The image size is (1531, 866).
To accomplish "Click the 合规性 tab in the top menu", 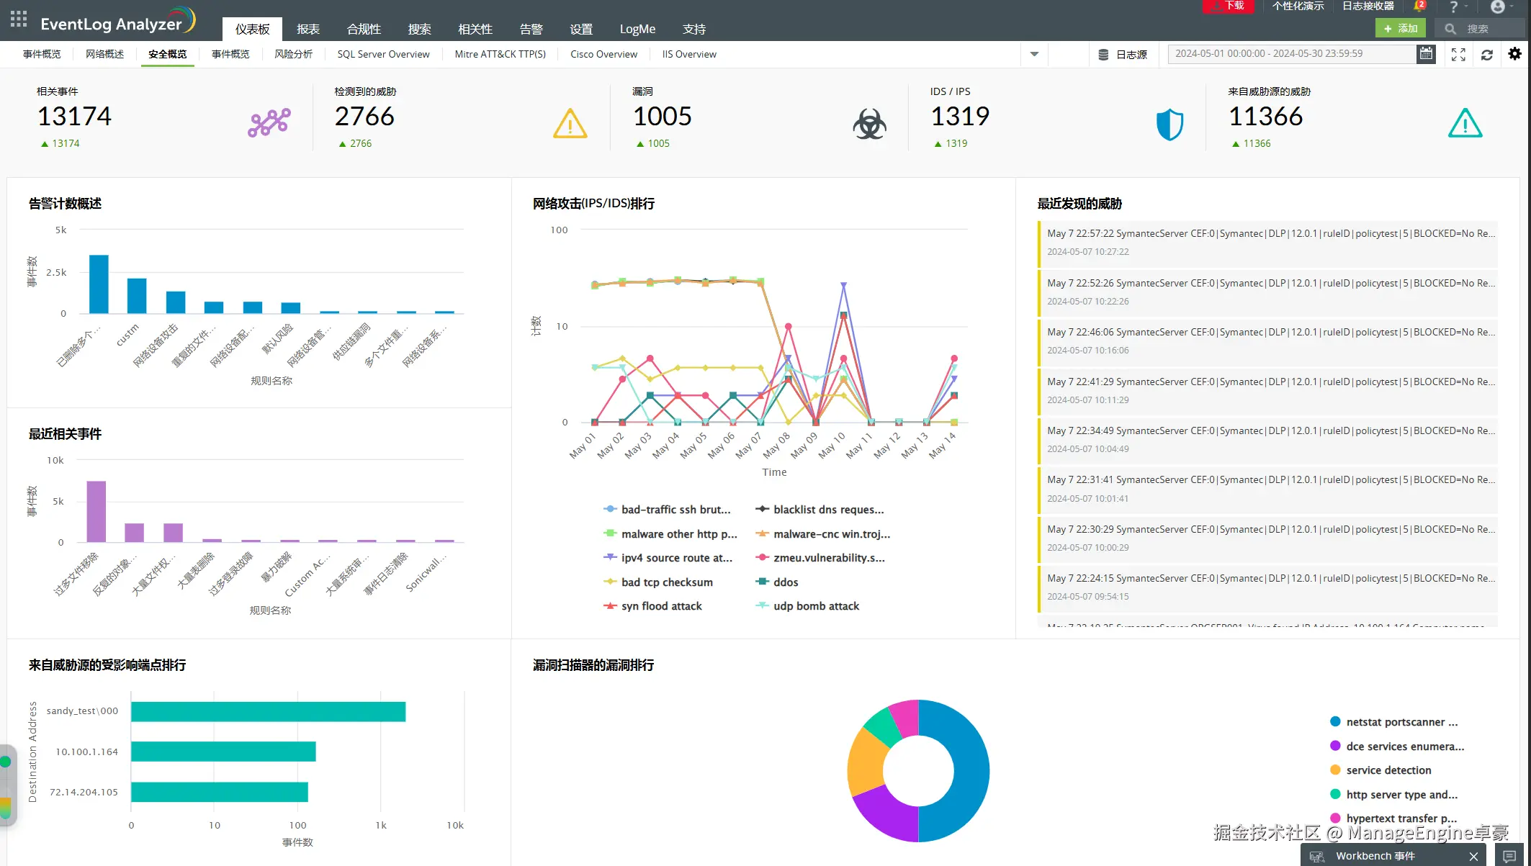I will [x=364, y=30].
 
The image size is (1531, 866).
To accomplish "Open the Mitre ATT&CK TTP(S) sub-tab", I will [x=500, y=54].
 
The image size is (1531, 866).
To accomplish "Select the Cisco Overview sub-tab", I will [x=603, y=54].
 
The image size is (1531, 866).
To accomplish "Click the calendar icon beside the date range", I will [x=1425, y=54].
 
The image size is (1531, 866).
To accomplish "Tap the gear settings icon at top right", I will [x=1514, y=54].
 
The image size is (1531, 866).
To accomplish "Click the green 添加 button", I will [x=1400, y=29].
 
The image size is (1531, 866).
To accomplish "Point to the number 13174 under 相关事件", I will [x=74, y=117].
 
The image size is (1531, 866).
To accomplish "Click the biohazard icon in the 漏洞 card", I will [x=869, y=125].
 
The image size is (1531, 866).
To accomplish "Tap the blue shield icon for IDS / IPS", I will [x=1169, y=125].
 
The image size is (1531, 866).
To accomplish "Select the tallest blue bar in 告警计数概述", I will [x=99, y=284].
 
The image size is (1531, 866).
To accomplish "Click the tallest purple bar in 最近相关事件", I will [x=96, y=511].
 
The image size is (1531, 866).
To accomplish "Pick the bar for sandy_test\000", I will [x=268, y=711].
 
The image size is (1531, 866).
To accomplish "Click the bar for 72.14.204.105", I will [x=220, y=792].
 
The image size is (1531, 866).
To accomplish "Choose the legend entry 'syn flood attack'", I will [x=661, y=606].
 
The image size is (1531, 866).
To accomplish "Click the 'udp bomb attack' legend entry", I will [x=816, y=606].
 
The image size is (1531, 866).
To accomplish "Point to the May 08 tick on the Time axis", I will [x=776, y=444].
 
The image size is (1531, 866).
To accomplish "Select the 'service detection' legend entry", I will [x=1388, y=770].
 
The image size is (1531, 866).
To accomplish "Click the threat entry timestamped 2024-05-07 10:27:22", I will [x=1267, y=243].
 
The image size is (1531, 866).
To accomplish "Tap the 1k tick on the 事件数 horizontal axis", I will [x=381, y=825].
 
